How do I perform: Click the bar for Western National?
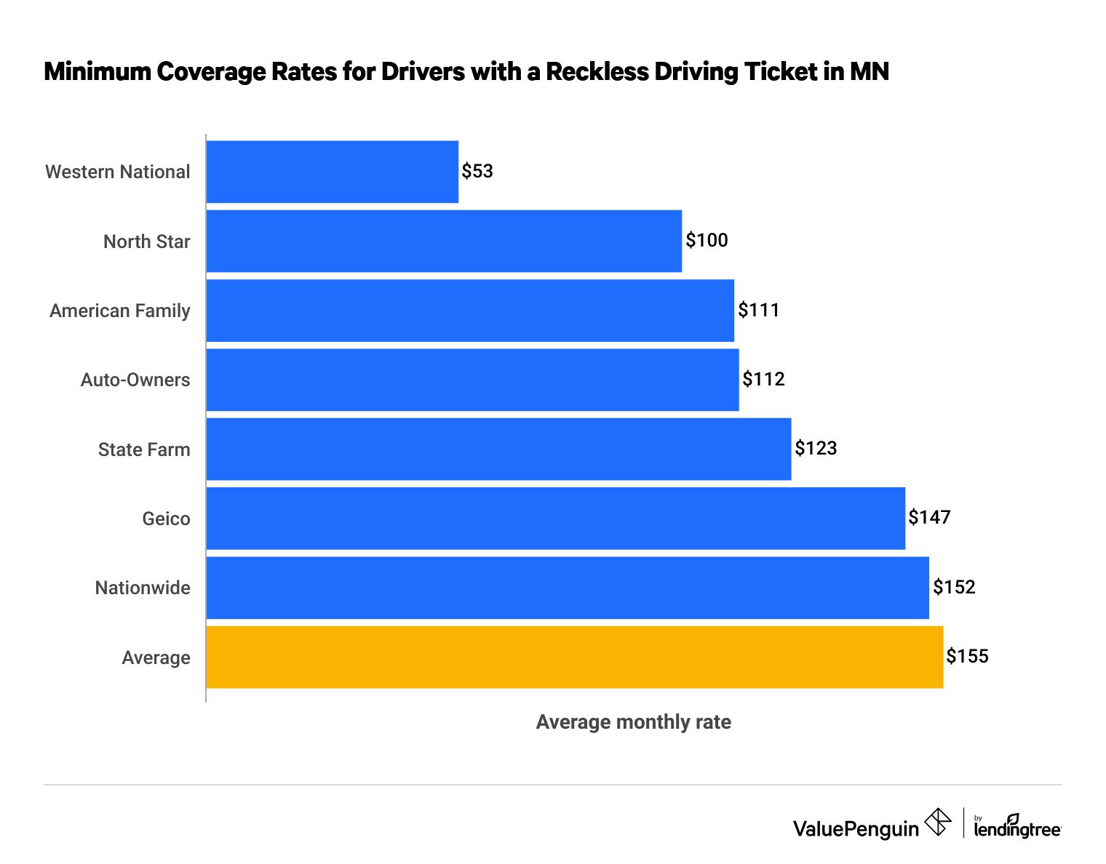[332, 172]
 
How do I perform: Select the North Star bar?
[444, 241]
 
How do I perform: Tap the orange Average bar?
[574, 657]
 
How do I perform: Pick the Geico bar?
[555, 519]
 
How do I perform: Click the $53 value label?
[477, 171]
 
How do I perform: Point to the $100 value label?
[707, 241]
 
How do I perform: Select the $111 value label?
[758, 310]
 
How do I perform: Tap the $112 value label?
[763, 379]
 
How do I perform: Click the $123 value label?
[816, 448]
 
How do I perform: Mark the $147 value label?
[929, 517]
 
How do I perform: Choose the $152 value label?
[954, 587]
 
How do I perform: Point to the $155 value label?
[967, 656]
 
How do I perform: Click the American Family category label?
[120, 311]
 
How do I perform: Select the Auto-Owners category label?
[135, 380]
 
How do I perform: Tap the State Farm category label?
[144, 449]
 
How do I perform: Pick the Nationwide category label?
[143, 588]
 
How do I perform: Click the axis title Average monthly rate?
[633, 722]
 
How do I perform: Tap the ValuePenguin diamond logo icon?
[937, 823]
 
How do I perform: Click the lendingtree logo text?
[1017, 828]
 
